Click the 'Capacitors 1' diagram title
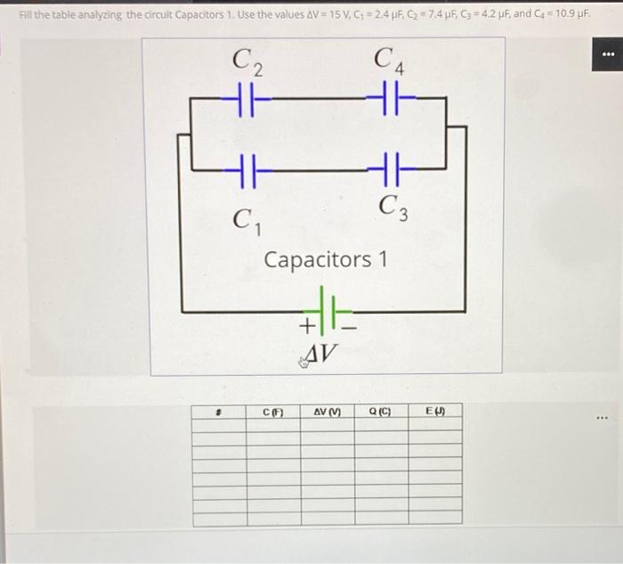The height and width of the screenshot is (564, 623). pyautogui.click(x=326, y=260)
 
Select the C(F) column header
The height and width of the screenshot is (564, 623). pyautogui.click(x=271, y=412)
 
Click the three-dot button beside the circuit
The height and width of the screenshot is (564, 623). pyautogui.click(x=609, y=55)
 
